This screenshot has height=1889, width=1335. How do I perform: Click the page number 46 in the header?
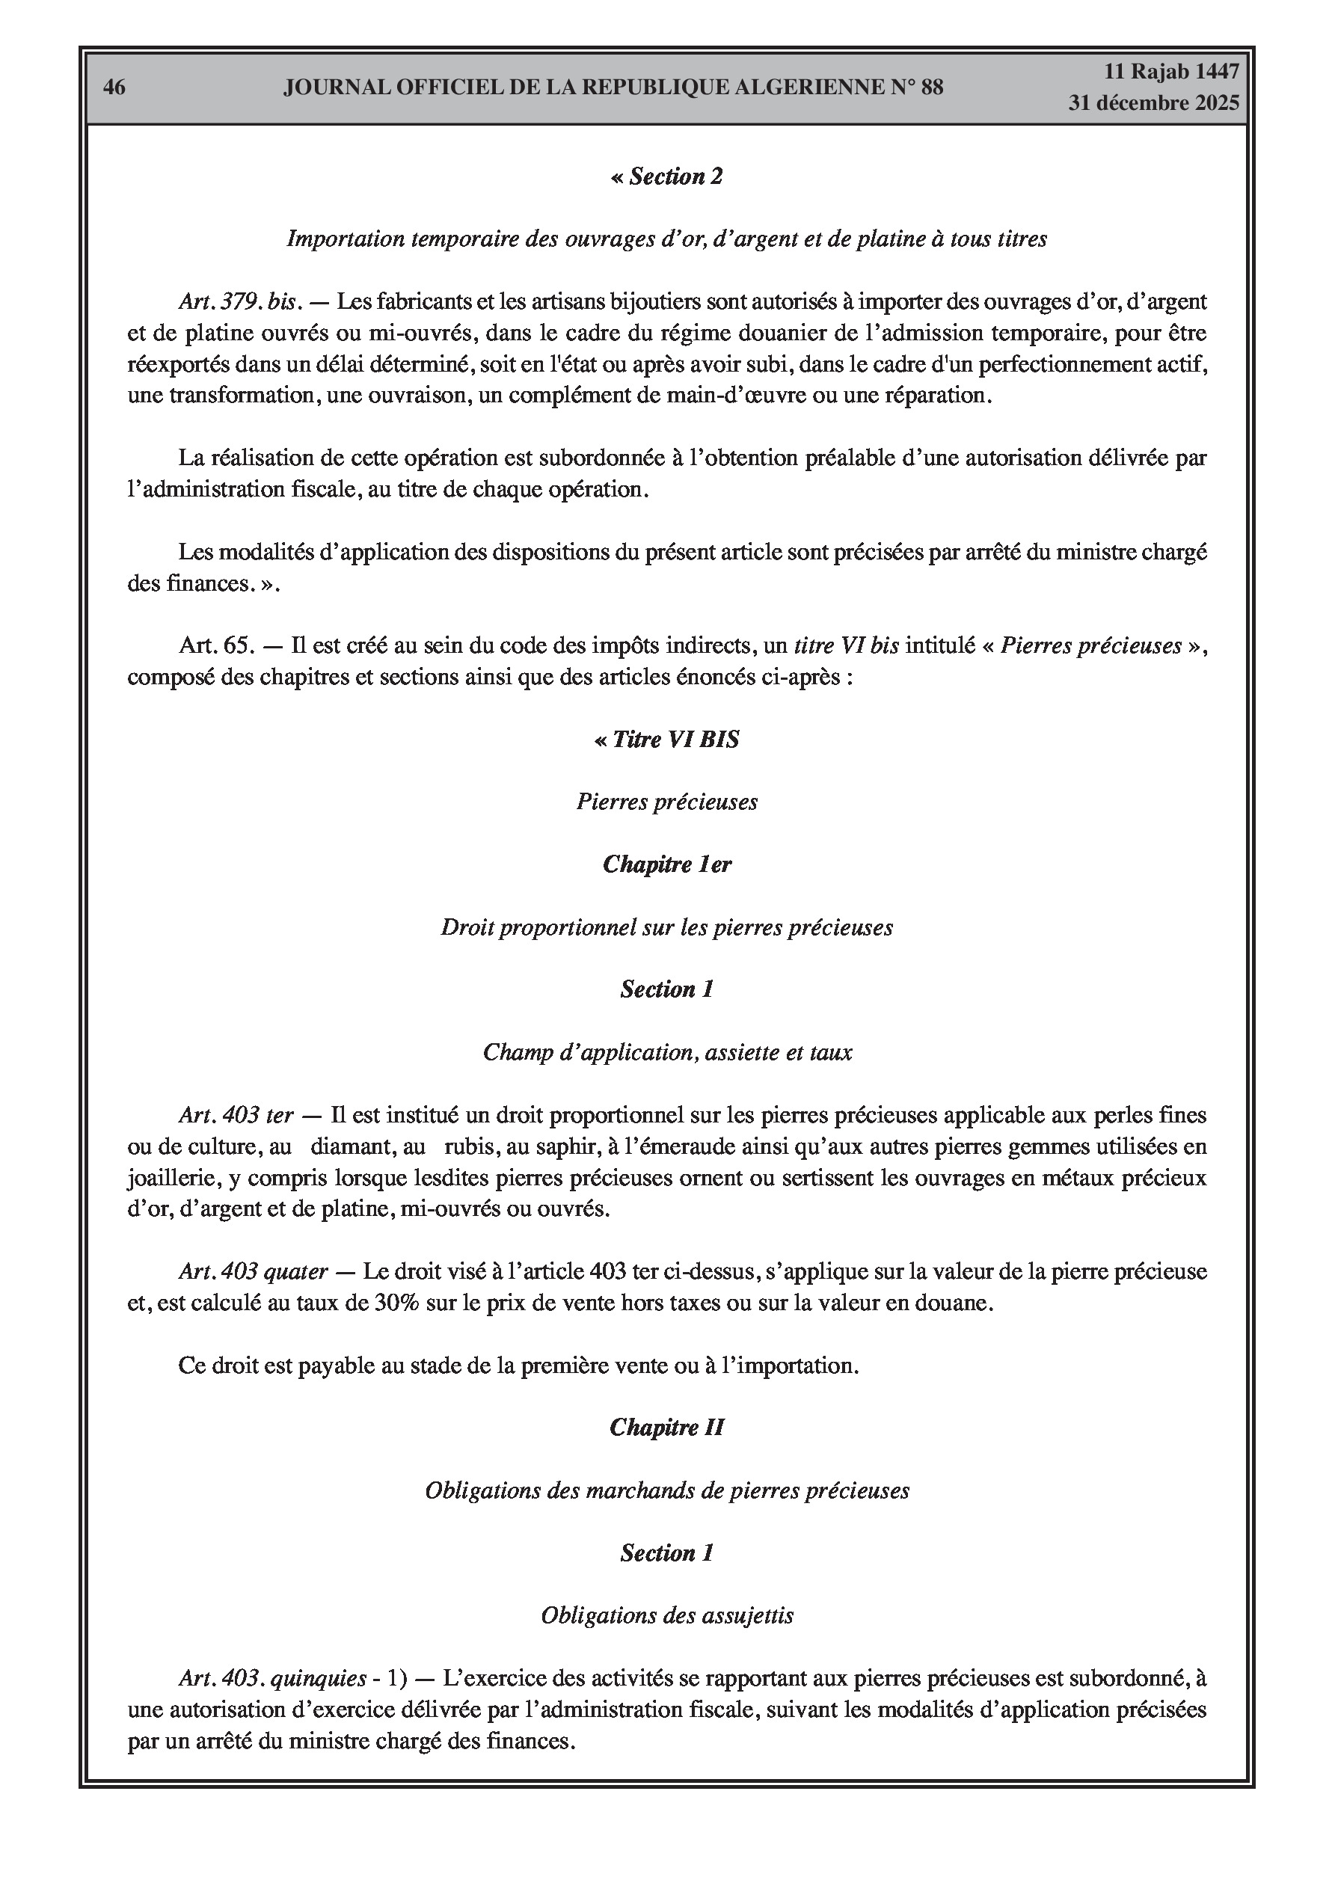114,87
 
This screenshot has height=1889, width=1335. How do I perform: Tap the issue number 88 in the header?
932,87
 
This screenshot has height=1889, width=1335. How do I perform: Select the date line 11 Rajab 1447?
1170,72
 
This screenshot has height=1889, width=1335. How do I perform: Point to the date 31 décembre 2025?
1153,104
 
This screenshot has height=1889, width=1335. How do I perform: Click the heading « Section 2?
666,177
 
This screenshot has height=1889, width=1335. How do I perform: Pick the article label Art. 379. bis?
238,302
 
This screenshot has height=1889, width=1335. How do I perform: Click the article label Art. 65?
214,646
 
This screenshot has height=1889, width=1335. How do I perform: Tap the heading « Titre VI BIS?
666,740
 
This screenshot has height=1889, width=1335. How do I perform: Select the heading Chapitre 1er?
666,864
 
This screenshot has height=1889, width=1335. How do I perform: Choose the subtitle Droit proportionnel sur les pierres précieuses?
666,928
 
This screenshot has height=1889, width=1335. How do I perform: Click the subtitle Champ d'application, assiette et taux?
666,1052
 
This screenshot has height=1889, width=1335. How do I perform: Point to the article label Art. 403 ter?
236,1116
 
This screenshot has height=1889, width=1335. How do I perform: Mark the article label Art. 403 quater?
254,1272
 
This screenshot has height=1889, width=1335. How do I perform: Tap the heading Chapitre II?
666,1428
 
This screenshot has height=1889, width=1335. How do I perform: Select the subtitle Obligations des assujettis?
666,1616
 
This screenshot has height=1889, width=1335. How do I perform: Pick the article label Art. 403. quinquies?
272,1678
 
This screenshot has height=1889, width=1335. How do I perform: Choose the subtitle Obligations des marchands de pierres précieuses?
666,1491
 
